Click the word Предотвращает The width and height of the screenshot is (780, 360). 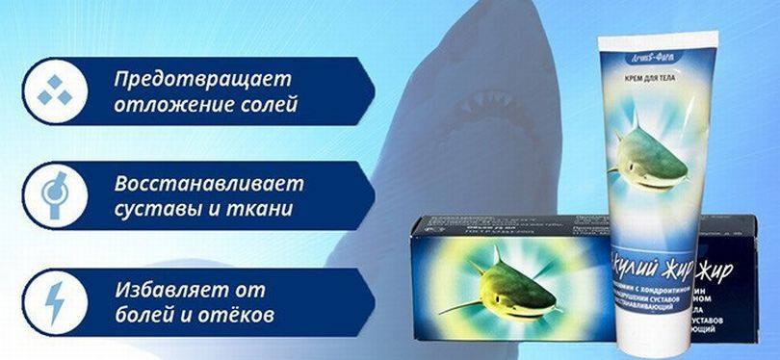pos(201,78)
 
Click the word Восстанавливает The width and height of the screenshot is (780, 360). pos(208,183)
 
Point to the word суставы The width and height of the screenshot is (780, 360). pos(151,208)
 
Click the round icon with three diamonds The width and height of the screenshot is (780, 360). pos(51,91)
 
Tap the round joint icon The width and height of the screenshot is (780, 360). pos(51,195)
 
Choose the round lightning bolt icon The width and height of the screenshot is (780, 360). pos(51,301)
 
